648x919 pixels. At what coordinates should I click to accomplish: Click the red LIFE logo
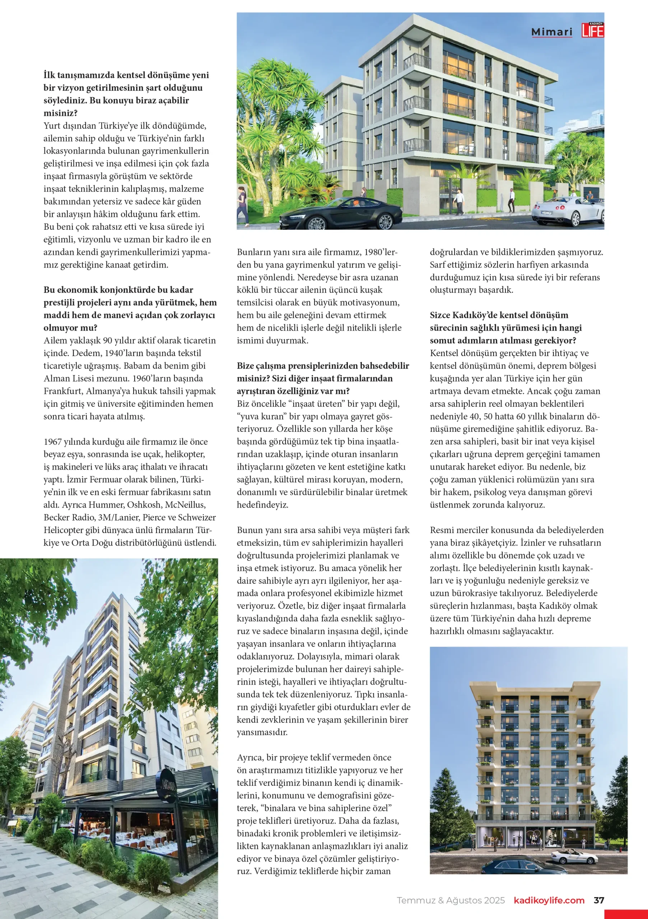click(x=593, y=31)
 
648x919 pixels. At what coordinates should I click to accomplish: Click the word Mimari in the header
click(x=551, y=32)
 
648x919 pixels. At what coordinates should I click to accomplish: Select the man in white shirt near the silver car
click(x=512, y=200)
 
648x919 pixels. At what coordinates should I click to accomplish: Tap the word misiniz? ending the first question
click(x=60, y=113)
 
